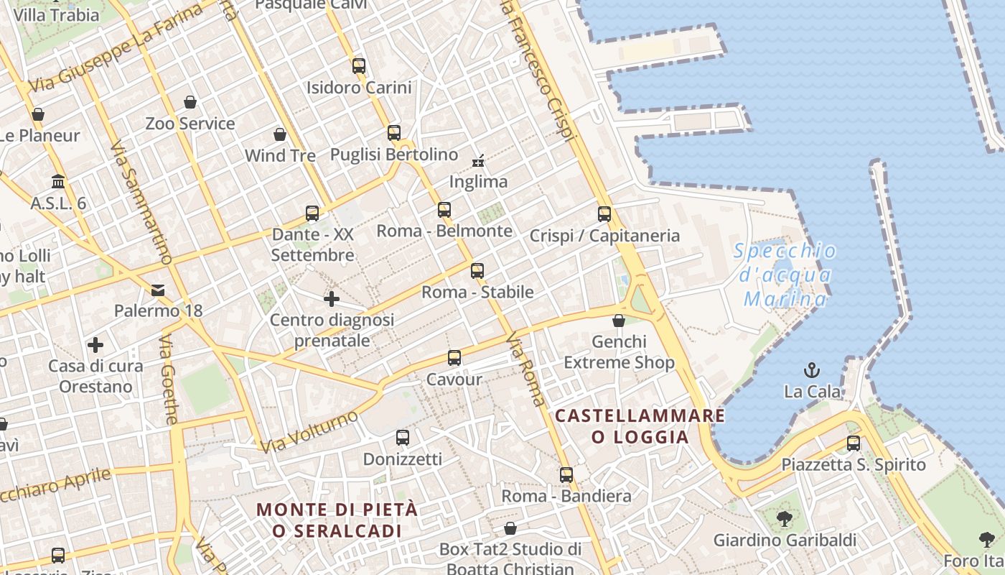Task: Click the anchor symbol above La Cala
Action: (811, 371)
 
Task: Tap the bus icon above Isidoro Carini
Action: (359, 66)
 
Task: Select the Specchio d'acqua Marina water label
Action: (785, 275)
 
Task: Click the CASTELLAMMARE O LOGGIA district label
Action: (640, 426)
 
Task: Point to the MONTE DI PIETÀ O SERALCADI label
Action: (337, 520)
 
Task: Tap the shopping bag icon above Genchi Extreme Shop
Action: (619, 321)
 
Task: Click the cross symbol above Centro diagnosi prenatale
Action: (332, 298)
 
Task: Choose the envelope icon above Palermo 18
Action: (158, 290)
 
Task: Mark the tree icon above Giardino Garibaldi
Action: (785, 518)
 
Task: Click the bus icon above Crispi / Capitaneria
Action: (604, 213)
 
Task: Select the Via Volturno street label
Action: (309, 432)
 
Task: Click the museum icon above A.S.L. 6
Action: (58, 182)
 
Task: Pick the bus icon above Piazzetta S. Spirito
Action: (854, 443)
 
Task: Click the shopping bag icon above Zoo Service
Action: (190, 102)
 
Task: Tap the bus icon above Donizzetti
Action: (403, 437)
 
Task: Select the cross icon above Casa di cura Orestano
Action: (95, 345)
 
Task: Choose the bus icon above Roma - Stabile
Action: (477, 271)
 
